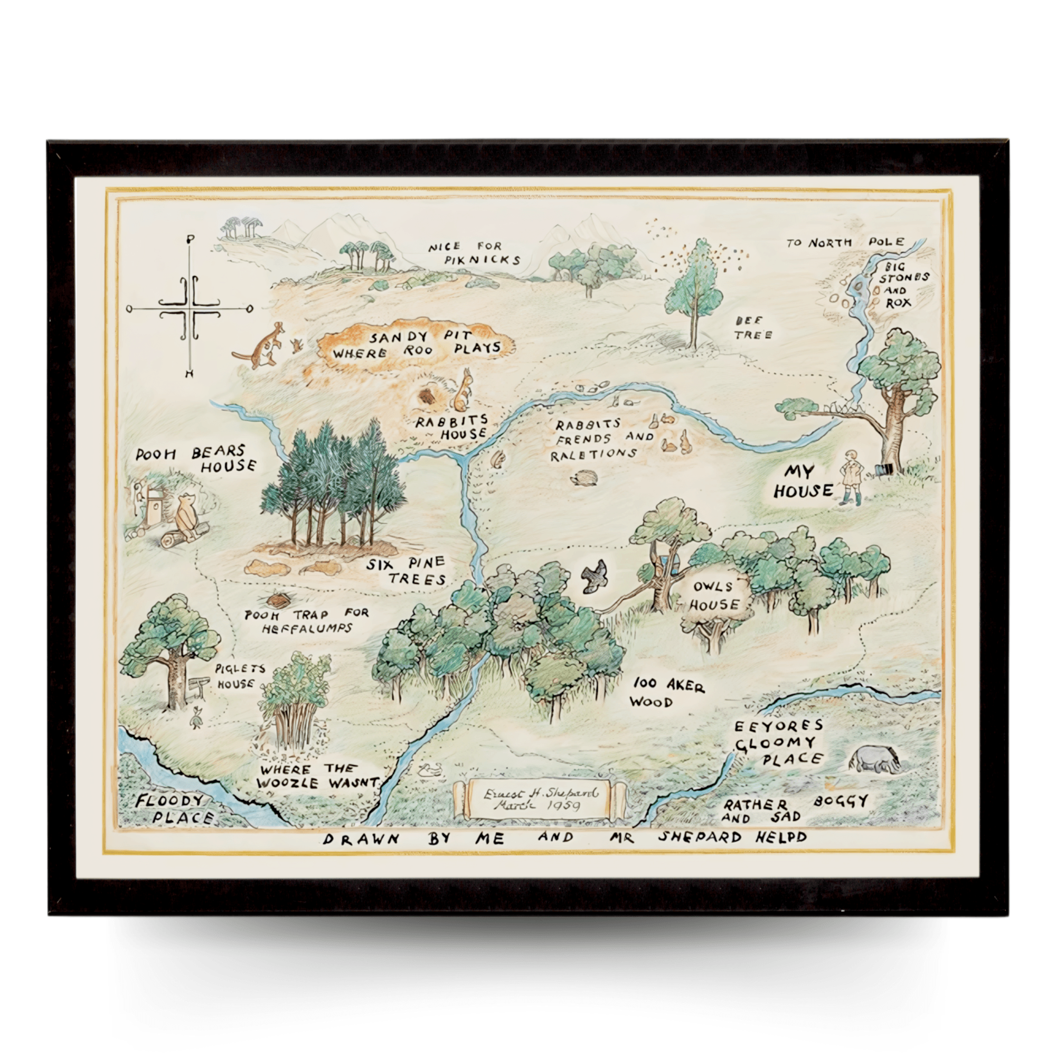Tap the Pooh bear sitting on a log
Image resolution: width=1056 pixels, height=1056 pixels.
pos(187,516)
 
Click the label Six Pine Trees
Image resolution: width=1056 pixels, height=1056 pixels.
pos(406,571)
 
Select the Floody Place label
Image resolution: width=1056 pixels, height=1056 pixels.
pos(172,809)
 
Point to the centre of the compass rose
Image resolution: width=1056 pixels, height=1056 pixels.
pos(190,309)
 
